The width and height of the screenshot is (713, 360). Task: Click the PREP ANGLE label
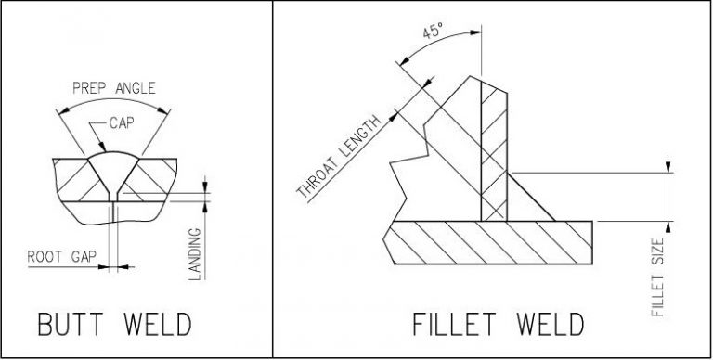click(x=113, y=89)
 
